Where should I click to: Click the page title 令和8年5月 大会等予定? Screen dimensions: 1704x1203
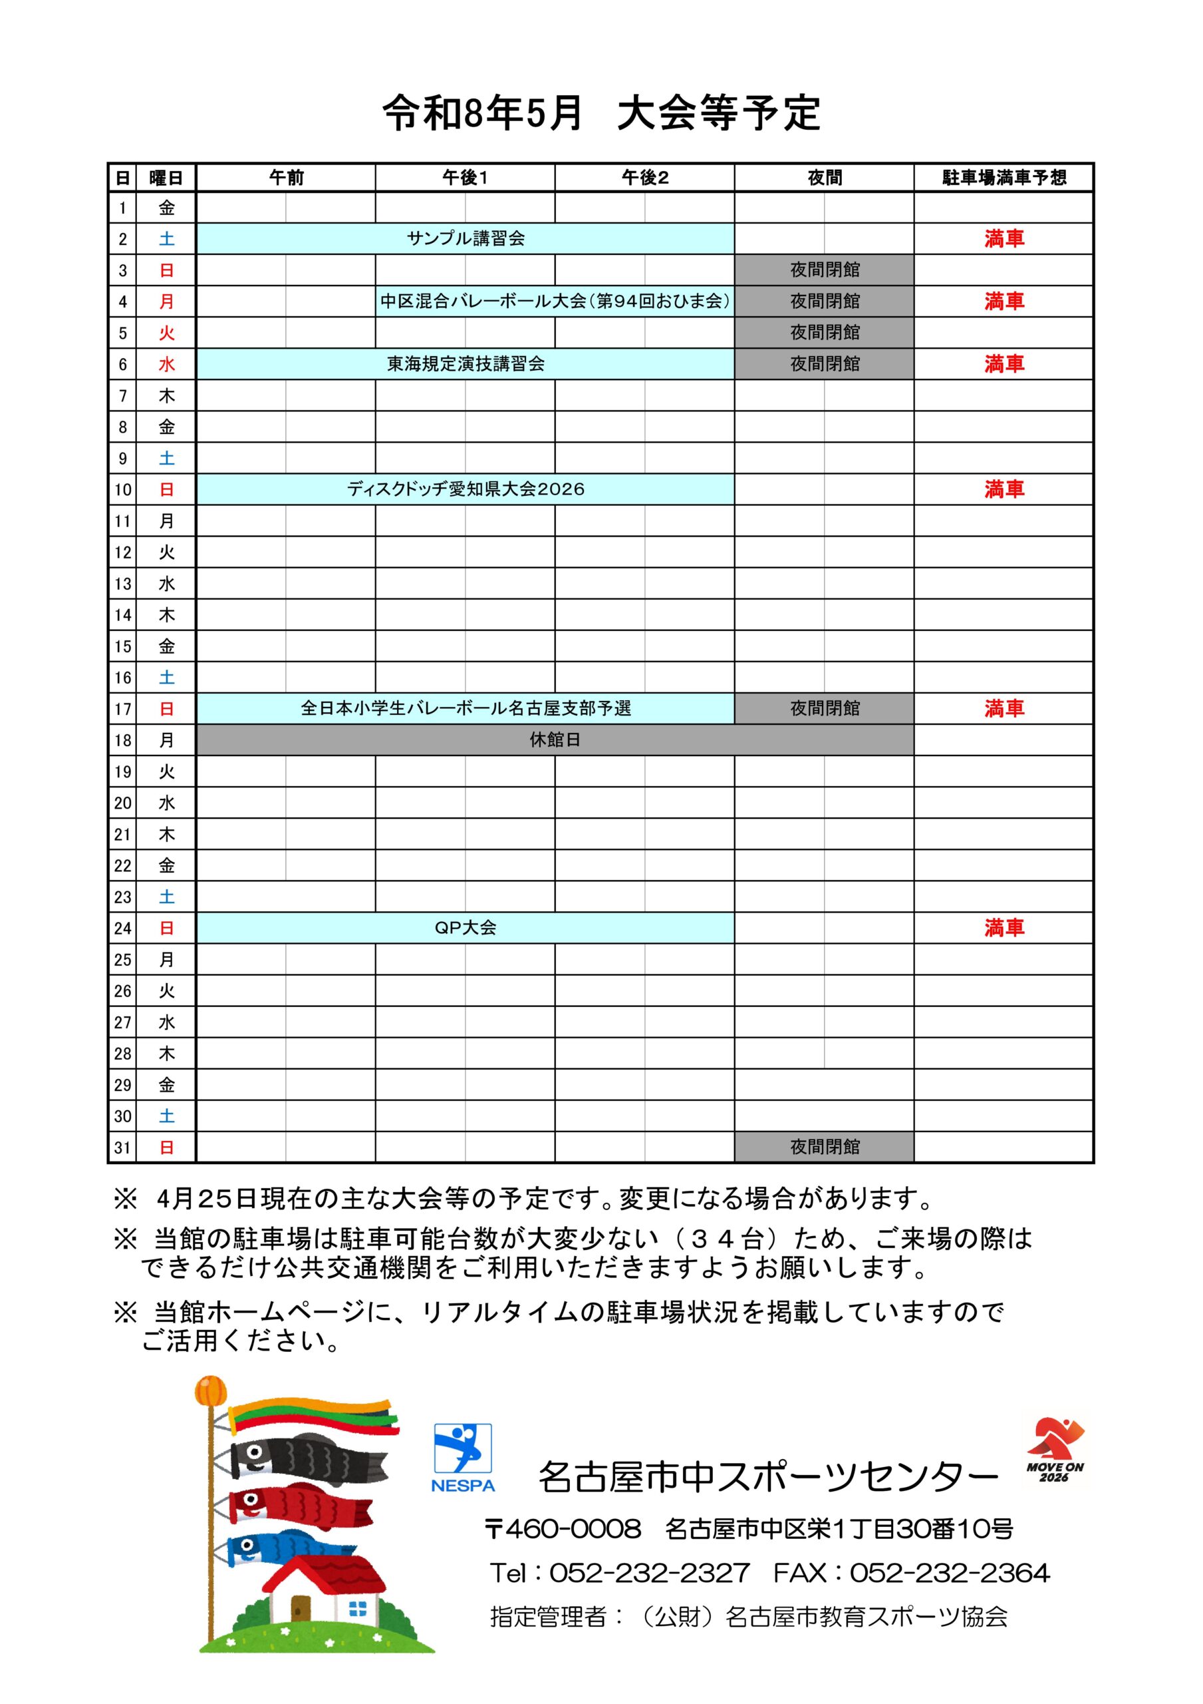[601, 112]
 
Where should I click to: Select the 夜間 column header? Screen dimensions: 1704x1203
[824, 177]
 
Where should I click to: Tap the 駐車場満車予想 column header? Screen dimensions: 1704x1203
[1003, 177]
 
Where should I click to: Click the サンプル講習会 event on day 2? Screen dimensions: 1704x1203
[465, 239]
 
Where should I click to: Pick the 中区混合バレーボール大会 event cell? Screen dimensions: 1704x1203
[555, 302]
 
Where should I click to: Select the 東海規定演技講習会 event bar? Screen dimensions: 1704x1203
[465, 363]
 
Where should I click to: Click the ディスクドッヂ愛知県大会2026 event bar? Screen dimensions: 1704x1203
[465, 489]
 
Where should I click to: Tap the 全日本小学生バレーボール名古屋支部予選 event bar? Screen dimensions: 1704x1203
[465, 708]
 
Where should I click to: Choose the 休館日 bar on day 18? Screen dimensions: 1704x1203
[555, 740]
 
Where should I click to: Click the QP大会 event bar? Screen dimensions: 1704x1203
[465, 928]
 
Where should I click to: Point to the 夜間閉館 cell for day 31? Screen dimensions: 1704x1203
[824, 1147]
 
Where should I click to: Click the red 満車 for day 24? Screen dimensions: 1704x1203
[1003, 928]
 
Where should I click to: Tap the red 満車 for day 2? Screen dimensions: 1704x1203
[1003, 239]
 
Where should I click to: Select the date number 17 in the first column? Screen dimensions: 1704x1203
[122, 709]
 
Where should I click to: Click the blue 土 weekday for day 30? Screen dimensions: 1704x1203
[166, 1116]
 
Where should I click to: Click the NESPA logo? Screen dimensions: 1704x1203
[463, 1458]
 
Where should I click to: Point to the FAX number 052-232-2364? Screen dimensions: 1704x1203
[950, 1573]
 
